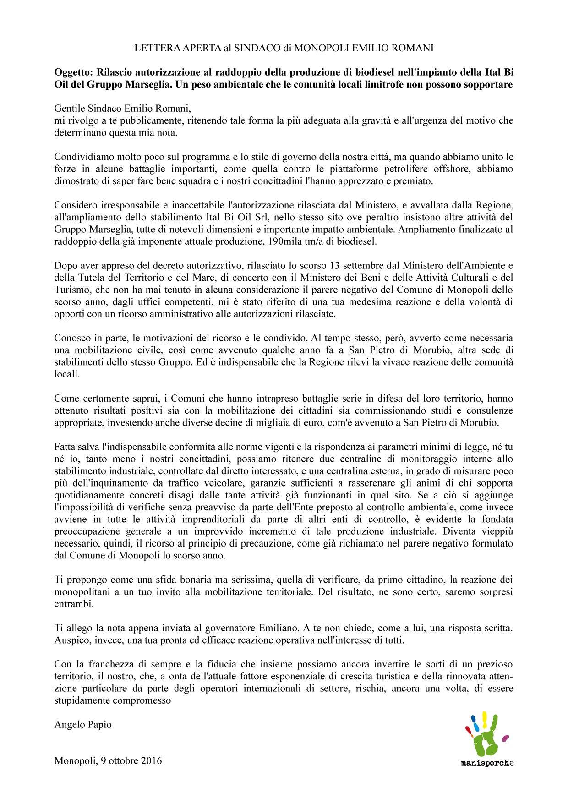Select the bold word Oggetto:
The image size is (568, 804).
click(72, 72)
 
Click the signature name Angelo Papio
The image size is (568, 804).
click(82, 724)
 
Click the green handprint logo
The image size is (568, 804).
click(486, 734)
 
